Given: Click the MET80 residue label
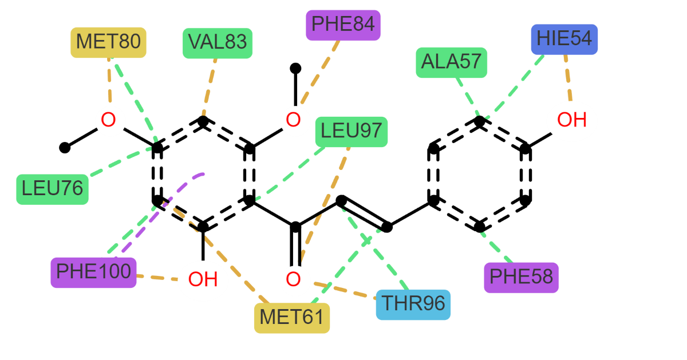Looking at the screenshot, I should [x=108, y=42].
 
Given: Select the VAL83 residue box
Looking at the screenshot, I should [x=218, y=42].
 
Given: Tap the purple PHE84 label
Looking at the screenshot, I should [x=343, y=25].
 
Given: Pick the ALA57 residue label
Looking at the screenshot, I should [x=451, y=62].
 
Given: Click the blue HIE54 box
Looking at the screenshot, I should [x=564, y=39].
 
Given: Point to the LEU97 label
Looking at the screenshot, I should [x=351, y=132].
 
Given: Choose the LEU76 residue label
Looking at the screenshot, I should [x=52, y=189].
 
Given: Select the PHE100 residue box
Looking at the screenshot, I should [x=93, y=272].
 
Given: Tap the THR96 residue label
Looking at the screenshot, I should [x=413, y=304].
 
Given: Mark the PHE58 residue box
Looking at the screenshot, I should [x=521, y=278].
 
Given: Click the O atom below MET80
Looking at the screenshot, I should [x=109, y=121].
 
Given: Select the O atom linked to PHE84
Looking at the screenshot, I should [x=294, y=121].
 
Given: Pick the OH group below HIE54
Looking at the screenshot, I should [x=571, y=121].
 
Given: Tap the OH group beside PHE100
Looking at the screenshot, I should [x=203, y=280].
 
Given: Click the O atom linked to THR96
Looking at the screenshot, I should [x=294, y=280].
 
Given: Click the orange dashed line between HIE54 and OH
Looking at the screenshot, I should [x=567, y=78].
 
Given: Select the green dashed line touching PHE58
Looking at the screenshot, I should [x=498, y=247].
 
